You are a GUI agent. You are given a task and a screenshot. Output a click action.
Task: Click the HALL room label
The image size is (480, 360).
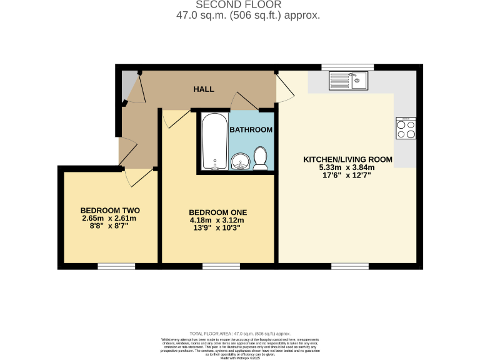pyautogui.click(x=203, y=89)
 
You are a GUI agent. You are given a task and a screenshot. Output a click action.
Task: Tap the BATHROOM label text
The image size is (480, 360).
pyautogui.click(x=251, y=130)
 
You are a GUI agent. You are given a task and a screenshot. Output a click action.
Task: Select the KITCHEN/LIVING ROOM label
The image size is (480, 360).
pyautogui.click(x=347, y=159)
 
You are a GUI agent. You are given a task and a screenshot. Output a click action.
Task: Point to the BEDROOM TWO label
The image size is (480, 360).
pyautogui.click(x=110, y=210)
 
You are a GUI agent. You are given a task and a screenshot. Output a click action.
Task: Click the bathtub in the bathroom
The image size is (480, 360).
pyautogui.click(x=214, y=141)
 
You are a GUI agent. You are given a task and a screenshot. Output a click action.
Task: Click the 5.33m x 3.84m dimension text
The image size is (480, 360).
pyautogui.click(x=347, y=167)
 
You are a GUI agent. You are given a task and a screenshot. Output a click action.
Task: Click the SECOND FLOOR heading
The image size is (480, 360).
pyautogui.click(x=239, y=5)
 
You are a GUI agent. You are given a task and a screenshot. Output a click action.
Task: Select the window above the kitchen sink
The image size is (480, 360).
pyautogui.click(x=347, y=66)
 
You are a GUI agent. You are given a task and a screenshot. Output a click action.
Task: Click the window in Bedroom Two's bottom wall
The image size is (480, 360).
pyautogui.click(x=116, y=267)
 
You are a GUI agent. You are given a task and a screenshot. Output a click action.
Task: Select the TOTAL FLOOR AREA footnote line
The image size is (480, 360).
pyautogui.click(x=240, y=334)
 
